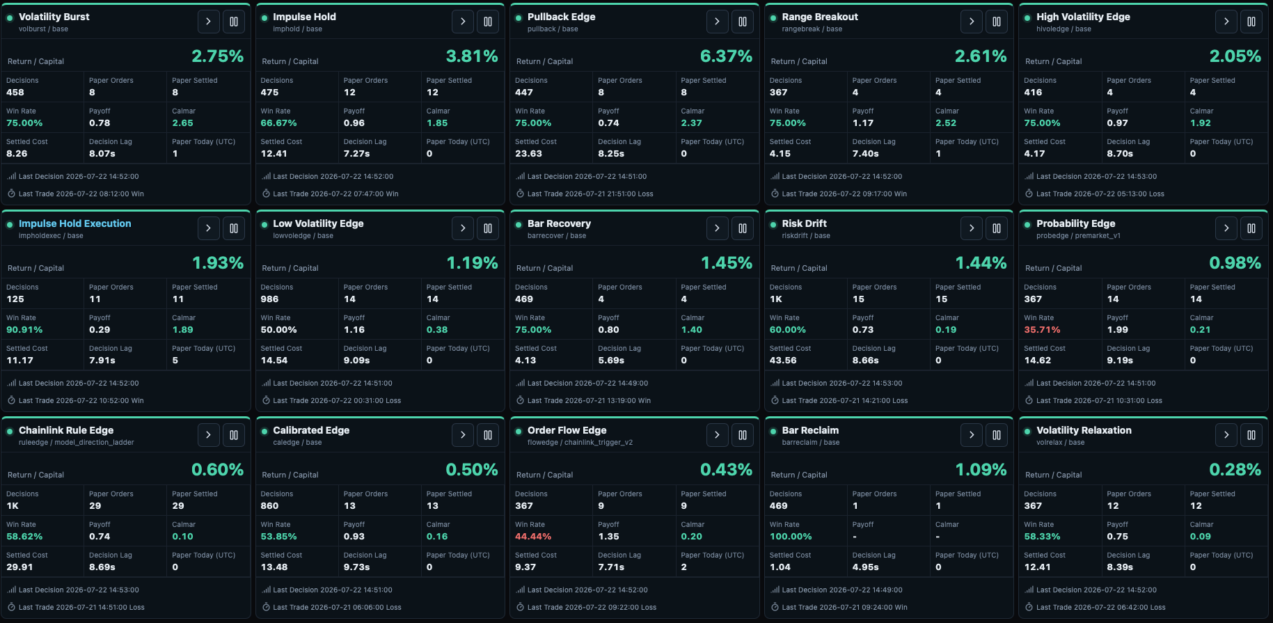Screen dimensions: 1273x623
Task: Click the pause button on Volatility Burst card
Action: pyautogui.click(x=234, y=22)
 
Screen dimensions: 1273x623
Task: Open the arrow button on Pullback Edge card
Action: pyautogui.click(x=717, y=22)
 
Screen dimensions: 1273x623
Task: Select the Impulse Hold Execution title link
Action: pyautogui.click(x=74, y=223)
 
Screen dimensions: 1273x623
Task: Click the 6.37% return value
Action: pyautogui.click(x=726, y=56)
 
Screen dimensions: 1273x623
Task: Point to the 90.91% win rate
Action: pyautogui.click(x=24, y=330)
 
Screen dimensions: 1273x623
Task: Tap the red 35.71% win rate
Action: pyautogui.click(x=1042, y=330)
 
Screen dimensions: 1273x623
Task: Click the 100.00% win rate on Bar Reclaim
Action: pyautogui.click(x=791, y=537)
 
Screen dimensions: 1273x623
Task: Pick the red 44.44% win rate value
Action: pyautogui.click(x=533, y=537)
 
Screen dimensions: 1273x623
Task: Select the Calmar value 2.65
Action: pyautogui.click(x=182, y=123)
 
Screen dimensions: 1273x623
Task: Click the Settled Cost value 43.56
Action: pyautogui.click(x=783, y=361)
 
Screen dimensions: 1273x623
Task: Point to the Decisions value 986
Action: pyautogui.click(x=269, y=299)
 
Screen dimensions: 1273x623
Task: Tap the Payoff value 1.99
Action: pyautogui.click(x=1117, y=330)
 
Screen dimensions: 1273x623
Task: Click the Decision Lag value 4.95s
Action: pyautogui.click(x=865, y=567)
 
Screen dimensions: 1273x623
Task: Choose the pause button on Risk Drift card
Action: pyautogui.click(x=997, y=228)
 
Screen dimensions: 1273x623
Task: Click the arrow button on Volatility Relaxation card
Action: pyautogui.click(x=1226, y=435)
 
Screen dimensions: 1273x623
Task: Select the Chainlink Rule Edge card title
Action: pyautogui.click(x=66, y=430)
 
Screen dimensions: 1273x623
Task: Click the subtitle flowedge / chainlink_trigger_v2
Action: pyautogui.click(x=580, y=443)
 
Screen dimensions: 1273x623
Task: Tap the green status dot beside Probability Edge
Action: pyautogui.click(x=1027, y=225)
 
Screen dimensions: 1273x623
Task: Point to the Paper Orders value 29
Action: pyautogui.click(x=95, y=506)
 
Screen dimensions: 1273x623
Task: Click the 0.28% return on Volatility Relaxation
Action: pyautogui.click(x=1235, y=470)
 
